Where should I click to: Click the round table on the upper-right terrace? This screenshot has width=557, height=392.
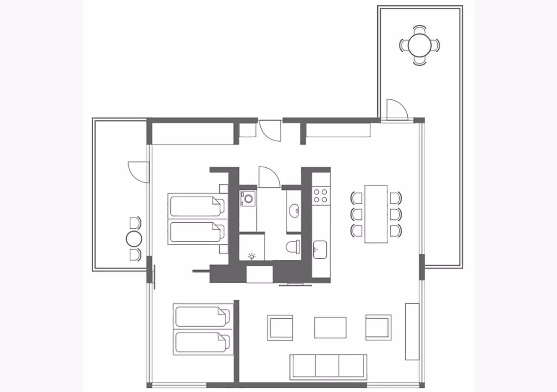pos(419,45)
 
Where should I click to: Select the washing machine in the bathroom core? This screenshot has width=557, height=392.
pos(248,199)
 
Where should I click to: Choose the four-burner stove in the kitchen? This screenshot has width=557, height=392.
pos(321,195)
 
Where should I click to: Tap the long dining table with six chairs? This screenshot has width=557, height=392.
pos(376,214)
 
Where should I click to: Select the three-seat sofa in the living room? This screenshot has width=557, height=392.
pos(328,366)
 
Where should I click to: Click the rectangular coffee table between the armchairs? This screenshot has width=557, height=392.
pos(330,328)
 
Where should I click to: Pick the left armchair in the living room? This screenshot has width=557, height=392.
pos(280,328)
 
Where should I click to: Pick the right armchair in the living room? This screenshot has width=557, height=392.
pos(378,327)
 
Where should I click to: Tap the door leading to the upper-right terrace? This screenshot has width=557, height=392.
pos(396,109)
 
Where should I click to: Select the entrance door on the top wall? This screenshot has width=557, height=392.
pos(270,130)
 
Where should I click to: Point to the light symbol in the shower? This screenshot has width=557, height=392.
pos(252,256)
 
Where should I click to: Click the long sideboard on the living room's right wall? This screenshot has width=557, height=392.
pos(412,331)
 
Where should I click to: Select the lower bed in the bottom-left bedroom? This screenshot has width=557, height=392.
pos(201,342)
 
